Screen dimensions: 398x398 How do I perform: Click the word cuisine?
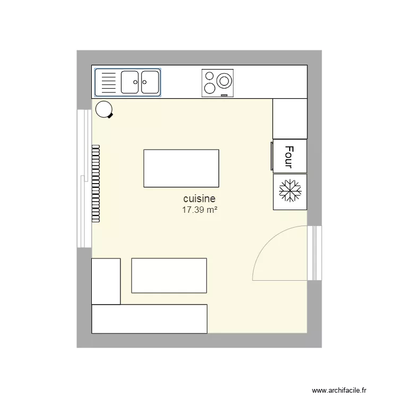click(200, 198)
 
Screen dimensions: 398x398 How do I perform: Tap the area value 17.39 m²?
click(200, 210)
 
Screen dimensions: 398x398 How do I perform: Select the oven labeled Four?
click(290, 157)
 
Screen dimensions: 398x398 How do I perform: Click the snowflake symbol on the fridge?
click(290, 191)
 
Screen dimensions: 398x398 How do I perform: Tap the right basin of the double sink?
click(150, 82)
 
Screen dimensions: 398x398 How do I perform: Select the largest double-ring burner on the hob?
click(224, 81)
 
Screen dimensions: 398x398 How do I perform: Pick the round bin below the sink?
click(103, 110)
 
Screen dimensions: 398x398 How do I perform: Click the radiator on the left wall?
click(96, 183)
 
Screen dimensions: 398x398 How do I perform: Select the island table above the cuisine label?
click(181, 168)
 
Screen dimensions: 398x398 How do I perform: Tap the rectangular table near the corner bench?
click(169, 275)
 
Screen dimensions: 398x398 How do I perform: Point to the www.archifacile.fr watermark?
click(339, 390)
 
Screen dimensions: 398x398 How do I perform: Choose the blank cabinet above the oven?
click(290, 119)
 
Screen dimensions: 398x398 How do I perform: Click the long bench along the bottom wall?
click(149, 318)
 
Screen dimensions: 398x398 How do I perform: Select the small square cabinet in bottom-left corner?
click(106, 281)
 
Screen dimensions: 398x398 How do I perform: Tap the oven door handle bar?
click(272, 157)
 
